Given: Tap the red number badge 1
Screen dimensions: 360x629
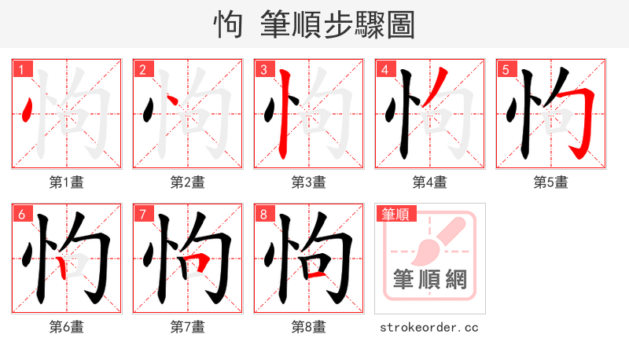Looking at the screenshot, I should coord(21,70).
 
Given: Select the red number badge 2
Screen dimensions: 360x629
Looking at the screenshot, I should coord(142,70).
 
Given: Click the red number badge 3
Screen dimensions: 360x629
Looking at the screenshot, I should coord(263,70).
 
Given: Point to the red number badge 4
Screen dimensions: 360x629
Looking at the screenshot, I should coord(384,70).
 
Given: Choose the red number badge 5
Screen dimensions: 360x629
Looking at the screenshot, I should coord(506,70).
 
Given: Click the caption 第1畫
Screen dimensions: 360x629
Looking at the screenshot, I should coord(67,182).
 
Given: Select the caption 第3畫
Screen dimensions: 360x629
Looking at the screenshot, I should coord(309,182).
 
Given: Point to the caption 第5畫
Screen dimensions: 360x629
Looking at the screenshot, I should coord(551,182).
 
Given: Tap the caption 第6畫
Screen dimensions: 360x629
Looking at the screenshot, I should coord(67,327).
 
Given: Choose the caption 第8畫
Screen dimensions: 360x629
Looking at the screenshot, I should coord(309,327).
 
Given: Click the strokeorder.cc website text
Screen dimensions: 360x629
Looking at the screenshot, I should coord(429,327).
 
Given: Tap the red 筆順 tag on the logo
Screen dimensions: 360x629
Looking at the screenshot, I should coord(395,214).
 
